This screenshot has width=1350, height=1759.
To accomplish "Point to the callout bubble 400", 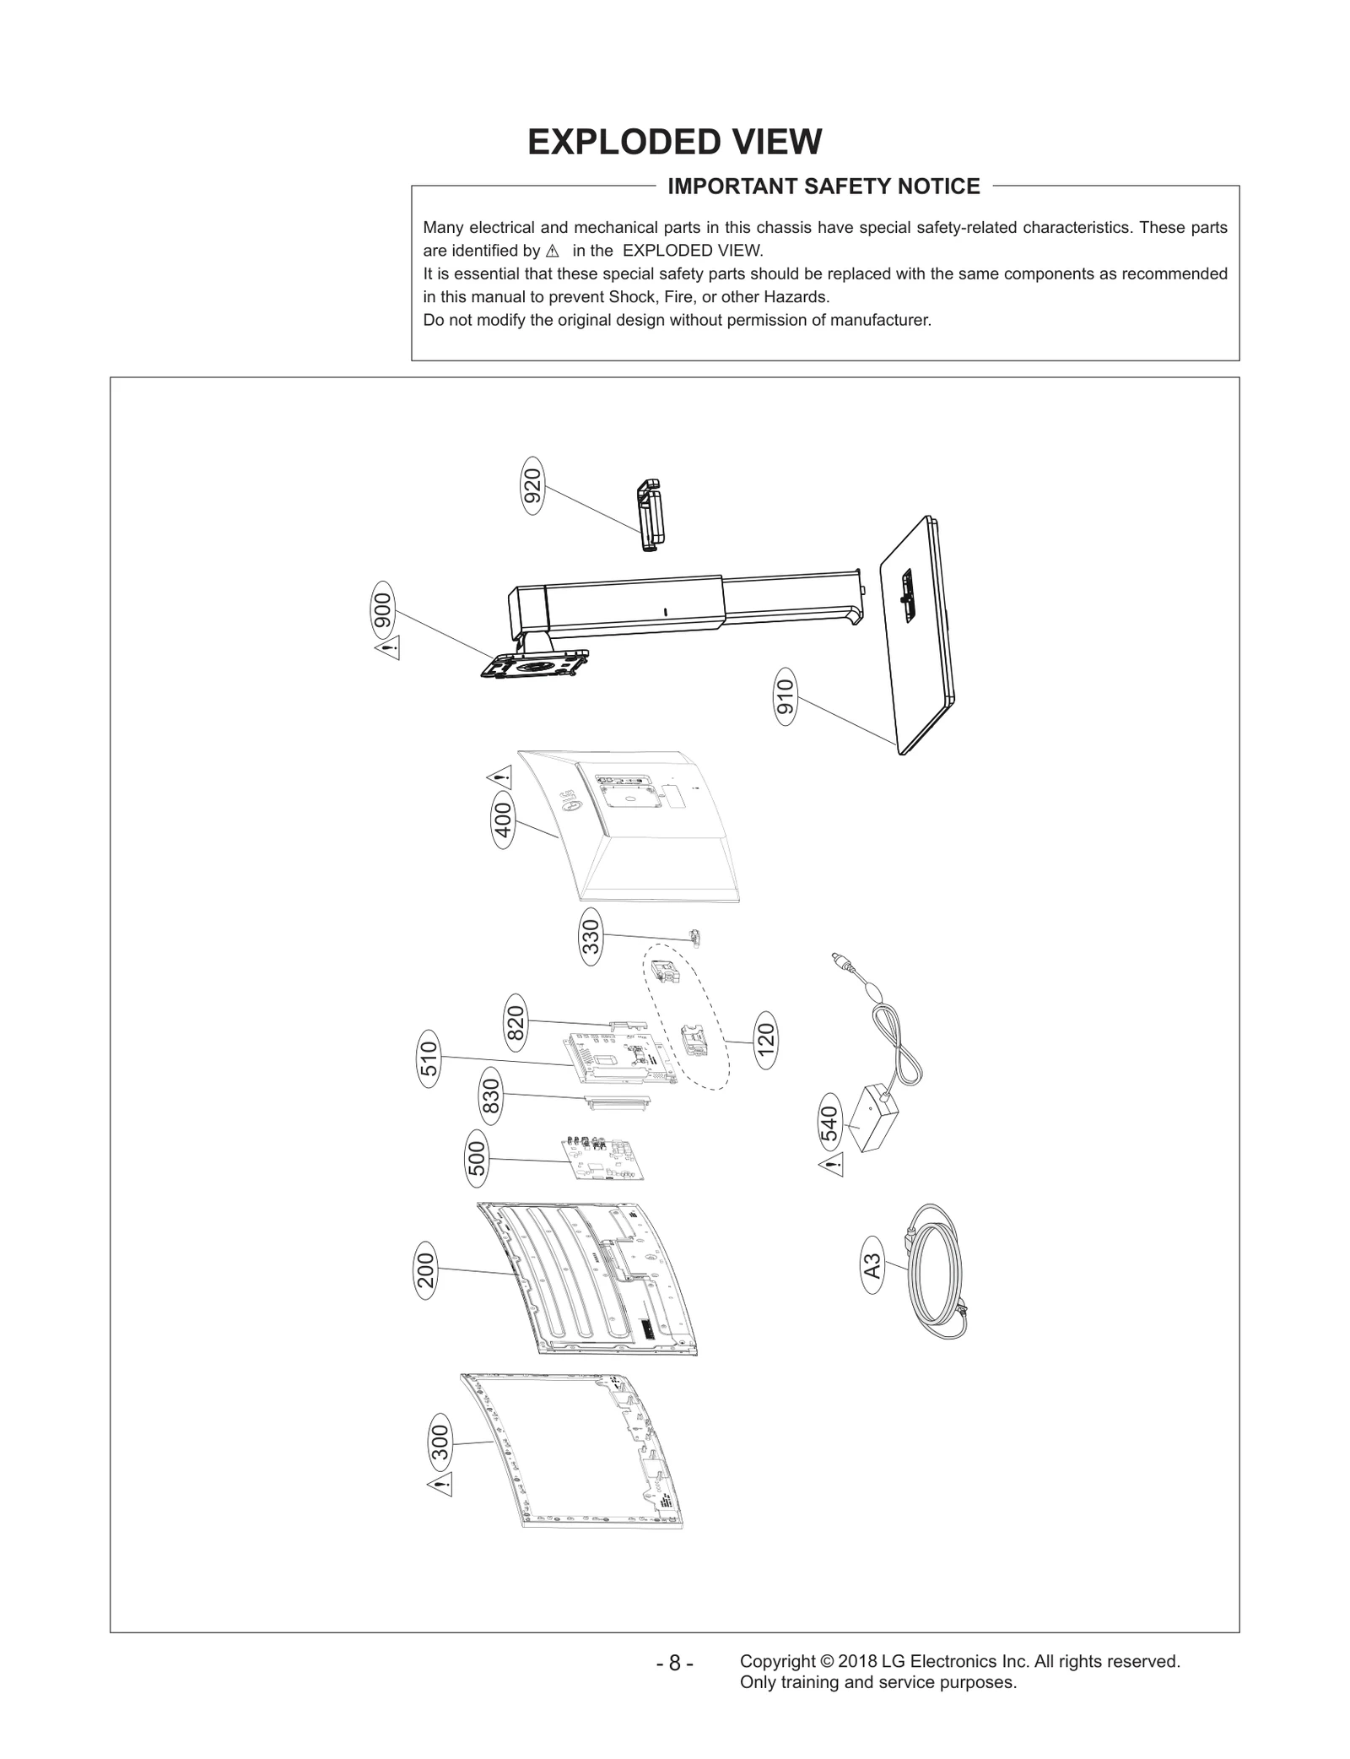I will click(x=503, y=820).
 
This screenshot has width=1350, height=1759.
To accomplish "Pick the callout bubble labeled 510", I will click(x=429, y=1059).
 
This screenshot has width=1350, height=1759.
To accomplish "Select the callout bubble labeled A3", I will click(x=873, y=1266).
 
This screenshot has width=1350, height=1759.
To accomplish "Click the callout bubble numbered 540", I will click(x=830, y=1123).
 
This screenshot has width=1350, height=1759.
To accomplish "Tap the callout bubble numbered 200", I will click(x=426, y=1270).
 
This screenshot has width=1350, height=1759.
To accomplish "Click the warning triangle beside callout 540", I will click(x=831, y=1167).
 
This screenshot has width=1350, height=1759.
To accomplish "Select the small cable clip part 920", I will click(x=649, y=515).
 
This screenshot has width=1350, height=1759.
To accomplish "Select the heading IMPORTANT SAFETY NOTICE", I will click(x=823, y=187).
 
